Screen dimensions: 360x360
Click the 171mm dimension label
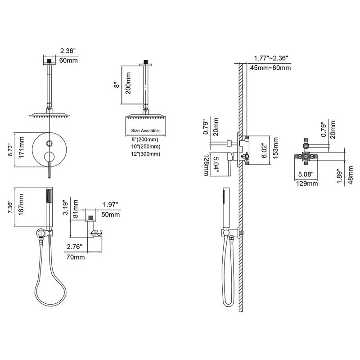click(21, 147)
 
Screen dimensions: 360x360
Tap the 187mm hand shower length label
click(21, 205)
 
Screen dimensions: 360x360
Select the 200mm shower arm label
click(128, 83)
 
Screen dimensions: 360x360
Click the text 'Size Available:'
click(145, 130)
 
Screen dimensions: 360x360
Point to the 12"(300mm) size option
click(146, 154)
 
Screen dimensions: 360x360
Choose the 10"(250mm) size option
click(146, 147)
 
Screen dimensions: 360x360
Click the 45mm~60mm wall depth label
click(270, 68)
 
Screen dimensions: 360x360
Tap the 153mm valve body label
click(275, 148)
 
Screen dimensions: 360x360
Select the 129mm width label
click(307, 184)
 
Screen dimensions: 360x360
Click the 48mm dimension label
click(351, 175)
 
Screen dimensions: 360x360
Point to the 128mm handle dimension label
click(207, 165)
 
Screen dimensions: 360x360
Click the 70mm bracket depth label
click(76, 257)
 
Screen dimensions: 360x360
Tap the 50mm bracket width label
click(111, 215)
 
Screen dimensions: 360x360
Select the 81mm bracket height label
click(75, 209)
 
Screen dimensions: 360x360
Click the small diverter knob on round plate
click(49, 144)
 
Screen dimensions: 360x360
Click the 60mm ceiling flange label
click(68, 60)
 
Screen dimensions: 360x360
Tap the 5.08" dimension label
click(306, 174)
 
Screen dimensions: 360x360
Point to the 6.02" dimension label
click(265, 151)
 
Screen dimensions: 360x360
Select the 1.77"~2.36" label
click(271, 58)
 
